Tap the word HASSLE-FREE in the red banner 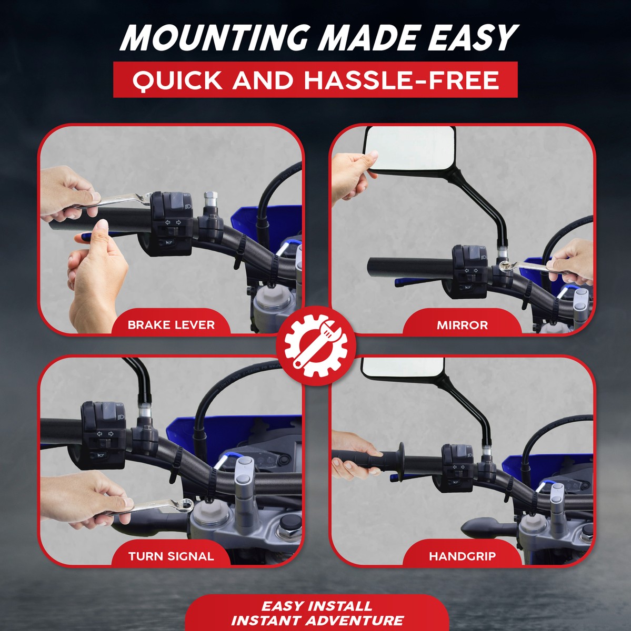coord(402,80)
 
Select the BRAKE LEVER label coord(171,324)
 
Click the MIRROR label coord(462,325)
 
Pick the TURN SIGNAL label coord(171,556)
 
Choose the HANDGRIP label coord(462,556)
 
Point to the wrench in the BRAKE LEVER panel coord(118,199)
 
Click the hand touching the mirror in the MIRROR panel coord(353,176)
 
